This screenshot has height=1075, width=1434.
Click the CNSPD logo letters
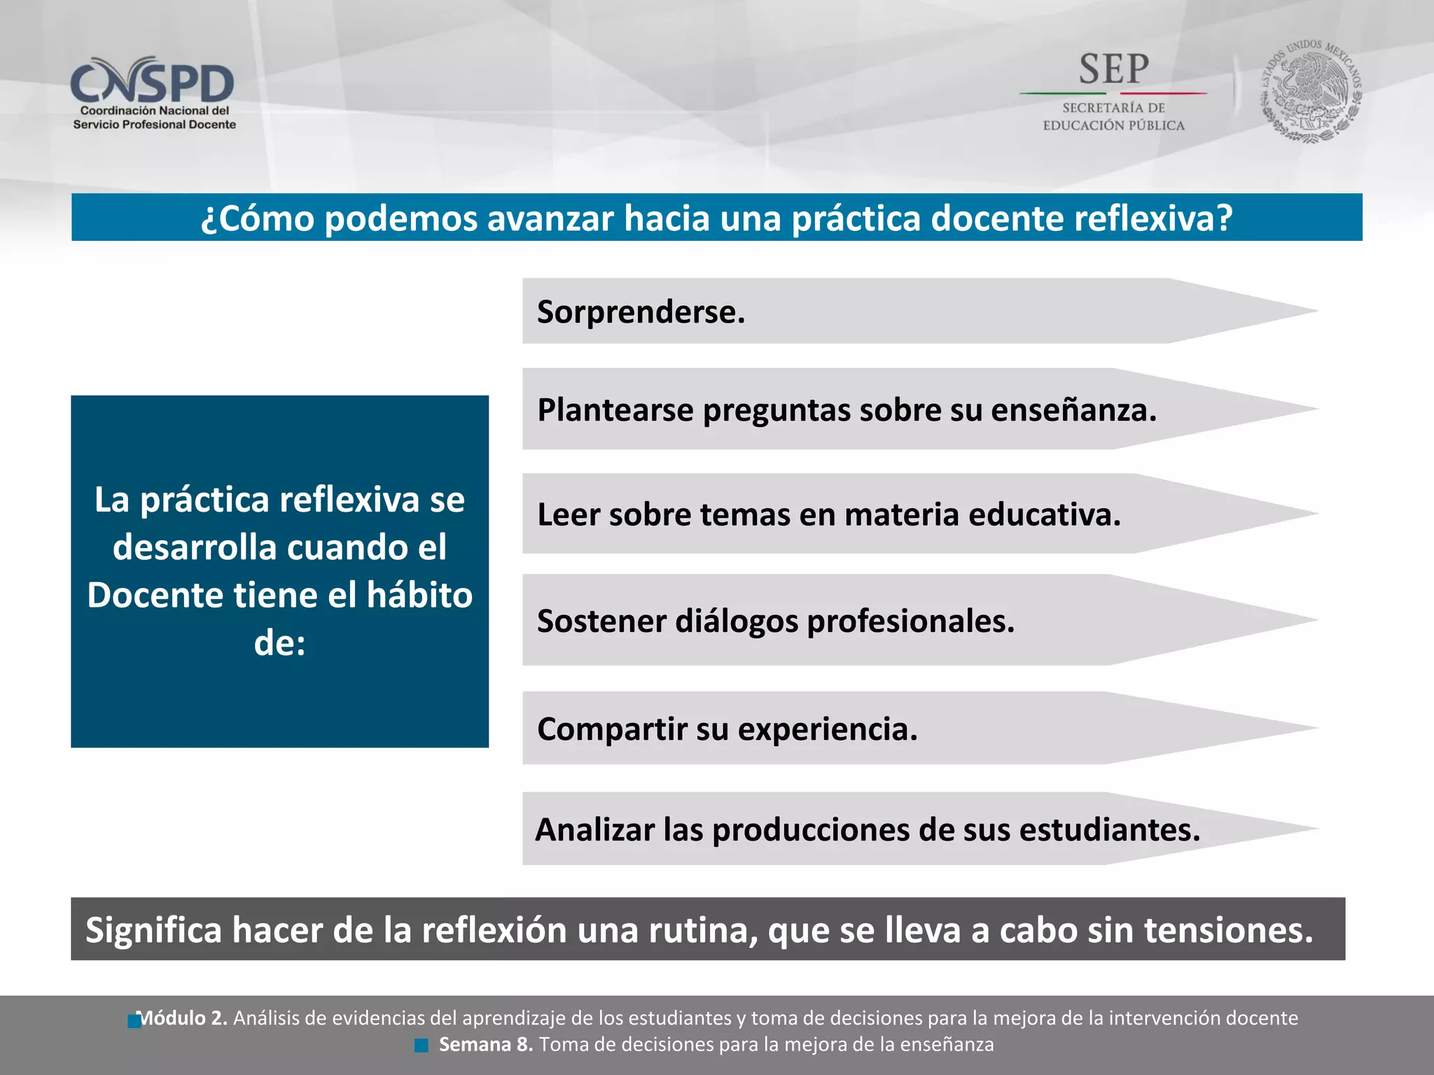point(152,83)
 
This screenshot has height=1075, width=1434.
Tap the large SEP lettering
point(1113,70)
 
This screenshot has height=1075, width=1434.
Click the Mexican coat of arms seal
point(1311,91)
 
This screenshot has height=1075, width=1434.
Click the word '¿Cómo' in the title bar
point(257,218)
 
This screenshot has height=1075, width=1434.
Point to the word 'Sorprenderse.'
point(641,312)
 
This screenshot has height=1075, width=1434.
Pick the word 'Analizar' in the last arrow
point(594,830)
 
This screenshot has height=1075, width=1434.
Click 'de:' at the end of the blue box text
point(279,642)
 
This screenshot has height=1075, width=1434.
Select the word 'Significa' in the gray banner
point(153,930)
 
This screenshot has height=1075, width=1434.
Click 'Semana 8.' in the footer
point(485,1045)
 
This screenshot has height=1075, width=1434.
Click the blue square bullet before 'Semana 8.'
point(422,1046)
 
